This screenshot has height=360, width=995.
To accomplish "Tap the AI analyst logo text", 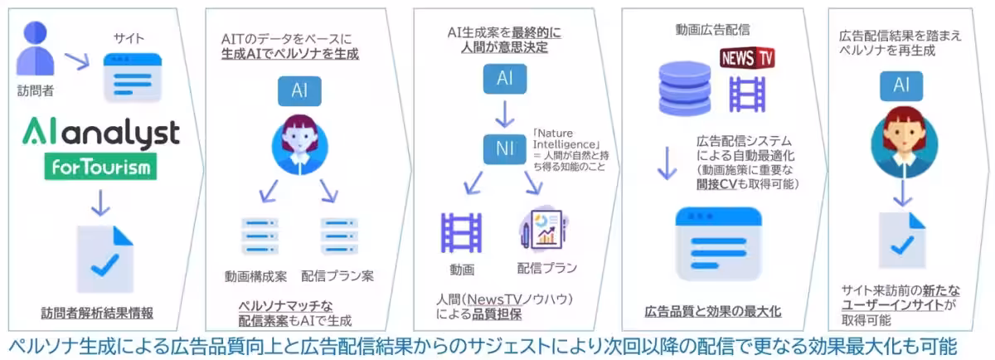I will [100, 132].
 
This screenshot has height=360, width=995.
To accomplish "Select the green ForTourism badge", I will [100, 168].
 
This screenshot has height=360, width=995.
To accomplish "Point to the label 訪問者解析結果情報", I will [98, 314].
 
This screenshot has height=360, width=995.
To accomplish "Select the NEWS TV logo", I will [747, 59].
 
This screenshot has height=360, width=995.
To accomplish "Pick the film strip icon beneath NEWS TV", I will [747, 95].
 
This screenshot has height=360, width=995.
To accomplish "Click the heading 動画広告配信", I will [713, 30].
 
